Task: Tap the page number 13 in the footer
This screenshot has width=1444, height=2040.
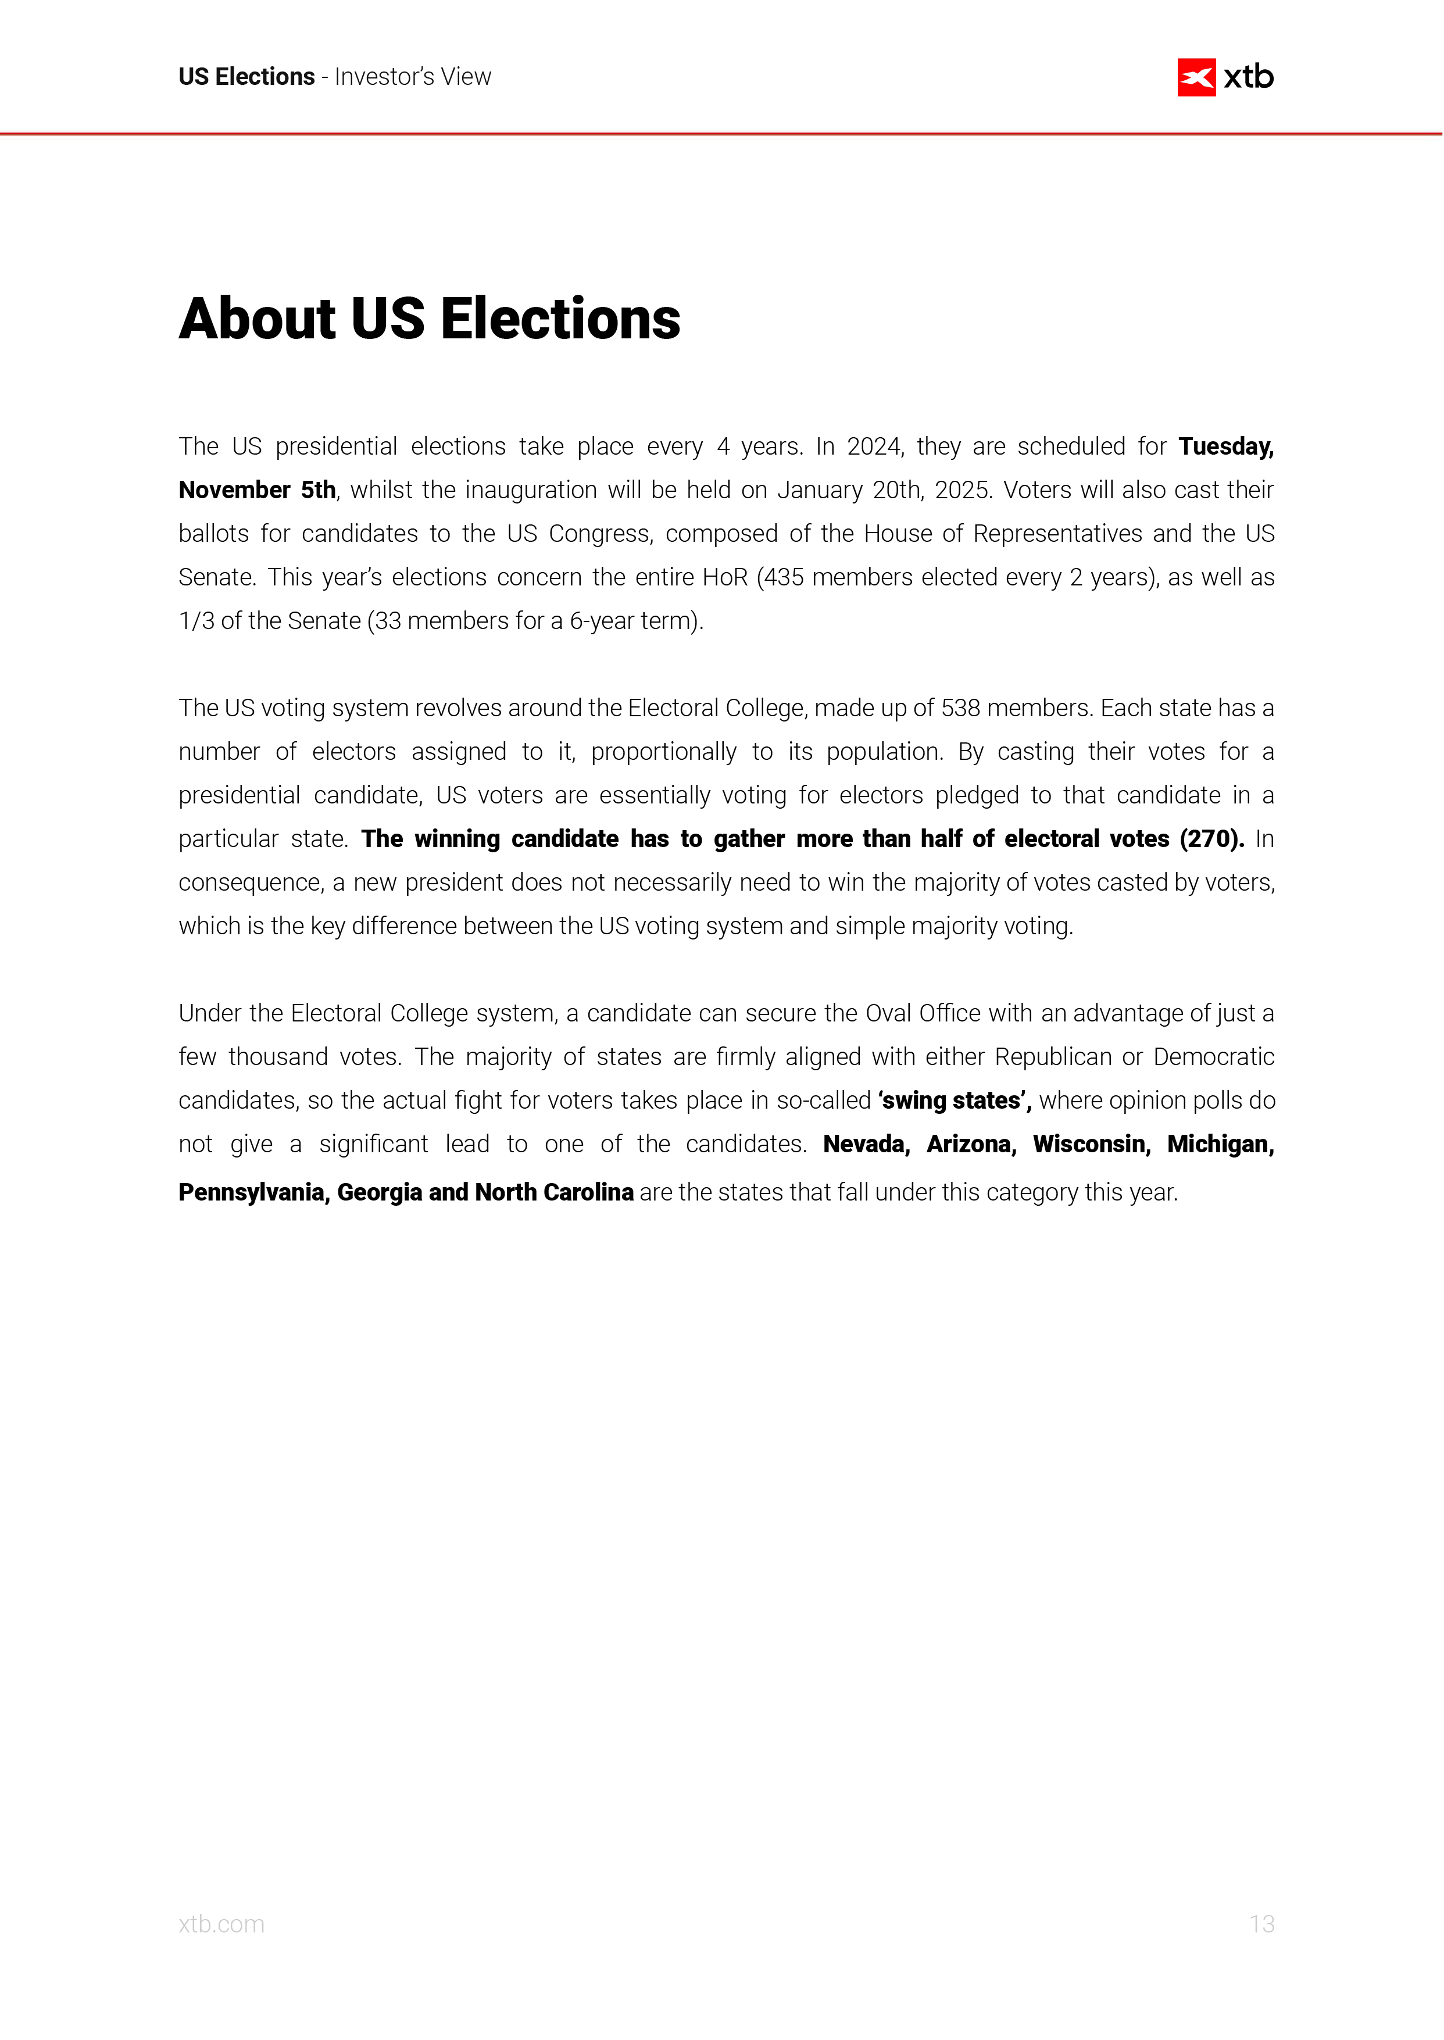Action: pos(1261,1924)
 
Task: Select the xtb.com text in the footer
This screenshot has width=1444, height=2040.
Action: pos(221,1924)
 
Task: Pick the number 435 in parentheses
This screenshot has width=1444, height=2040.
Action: pos(784,577)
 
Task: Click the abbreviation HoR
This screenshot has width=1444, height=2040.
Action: pos(725,577)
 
